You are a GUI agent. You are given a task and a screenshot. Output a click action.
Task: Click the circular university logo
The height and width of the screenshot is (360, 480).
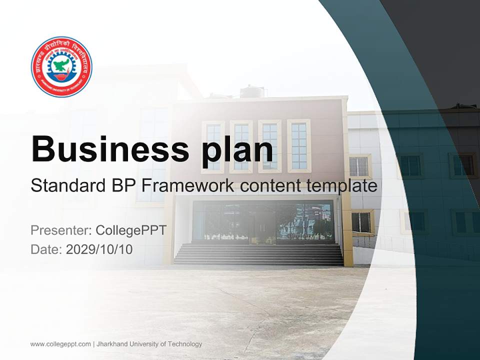point(61,66)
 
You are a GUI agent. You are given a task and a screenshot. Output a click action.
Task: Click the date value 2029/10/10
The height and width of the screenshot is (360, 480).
point(99,249)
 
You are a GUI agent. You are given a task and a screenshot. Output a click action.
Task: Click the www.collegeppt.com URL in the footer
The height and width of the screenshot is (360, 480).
point(60,344)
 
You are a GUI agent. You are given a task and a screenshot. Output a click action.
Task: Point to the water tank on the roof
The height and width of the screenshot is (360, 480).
point(251,91)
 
